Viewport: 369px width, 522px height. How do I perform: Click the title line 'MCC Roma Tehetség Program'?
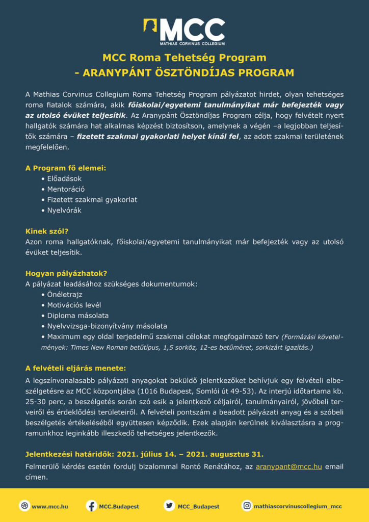(184, 58)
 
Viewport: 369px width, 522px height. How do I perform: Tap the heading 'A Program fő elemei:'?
(66, 167)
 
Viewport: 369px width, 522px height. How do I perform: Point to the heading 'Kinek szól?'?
(47, 231)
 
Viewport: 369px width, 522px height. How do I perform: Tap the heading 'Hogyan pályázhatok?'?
(66, 273)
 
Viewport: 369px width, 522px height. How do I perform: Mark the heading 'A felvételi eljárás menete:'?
(75, 368)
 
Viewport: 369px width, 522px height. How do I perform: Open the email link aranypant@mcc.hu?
(288, 466)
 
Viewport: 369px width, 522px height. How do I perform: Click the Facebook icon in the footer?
(92, 506)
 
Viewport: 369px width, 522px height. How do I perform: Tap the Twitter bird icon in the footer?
(169, 506)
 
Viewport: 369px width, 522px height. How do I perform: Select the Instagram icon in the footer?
(247, 506)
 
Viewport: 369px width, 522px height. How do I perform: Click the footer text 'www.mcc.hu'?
(50, 506)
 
